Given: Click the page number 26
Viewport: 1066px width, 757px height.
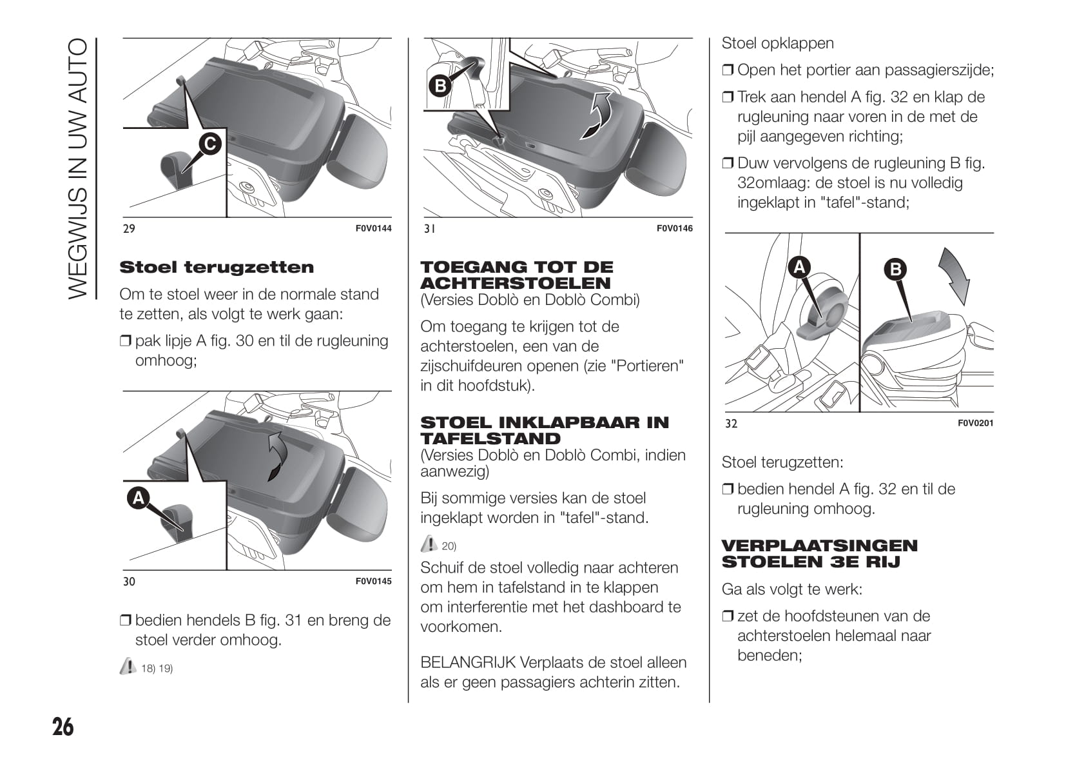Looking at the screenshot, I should [63, 727].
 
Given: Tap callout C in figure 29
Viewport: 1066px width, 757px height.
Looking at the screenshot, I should [210, 144].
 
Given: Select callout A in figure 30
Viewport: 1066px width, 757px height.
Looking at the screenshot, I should [139, 498].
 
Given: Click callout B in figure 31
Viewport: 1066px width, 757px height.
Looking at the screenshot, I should [440, 86].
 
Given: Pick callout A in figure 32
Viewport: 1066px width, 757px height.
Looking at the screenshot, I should [800, 266].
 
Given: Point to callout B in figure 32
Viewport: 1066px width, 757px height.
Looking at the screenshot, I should [896, 269].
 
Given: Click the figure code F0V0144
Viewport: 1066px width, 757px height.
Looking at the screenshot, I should [373, 228].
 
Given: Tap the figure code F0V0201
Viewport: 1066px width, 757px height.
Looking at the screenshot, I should [975, 424].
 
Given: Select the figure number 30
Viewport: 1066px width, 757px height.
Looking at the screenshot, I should [129, 582].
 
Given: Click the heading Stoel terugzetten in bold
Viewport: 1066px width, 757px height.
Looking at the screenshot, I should [217, 267].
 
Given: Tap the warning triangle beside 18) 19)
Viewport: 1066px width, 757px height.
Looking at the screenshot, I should [128, 666].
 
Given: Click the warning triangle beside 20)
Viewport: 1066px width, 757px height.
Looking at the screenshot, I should [429, 544].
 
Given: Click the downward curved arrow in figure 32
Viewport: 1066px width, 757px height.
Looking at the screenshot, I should [955, 275].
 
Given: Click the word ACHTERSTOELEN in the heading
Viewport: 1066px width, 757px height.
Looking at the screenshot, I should [516, 283].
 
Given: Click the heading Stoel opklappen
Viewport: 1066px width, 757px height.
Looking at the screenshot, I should [777, 43].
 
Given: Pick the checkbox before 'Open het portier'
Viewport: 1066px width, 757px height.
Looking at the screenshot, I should [728, 70].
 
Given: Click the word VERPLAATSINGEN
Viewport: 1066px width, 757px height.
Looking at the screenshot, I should [819, 546].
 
